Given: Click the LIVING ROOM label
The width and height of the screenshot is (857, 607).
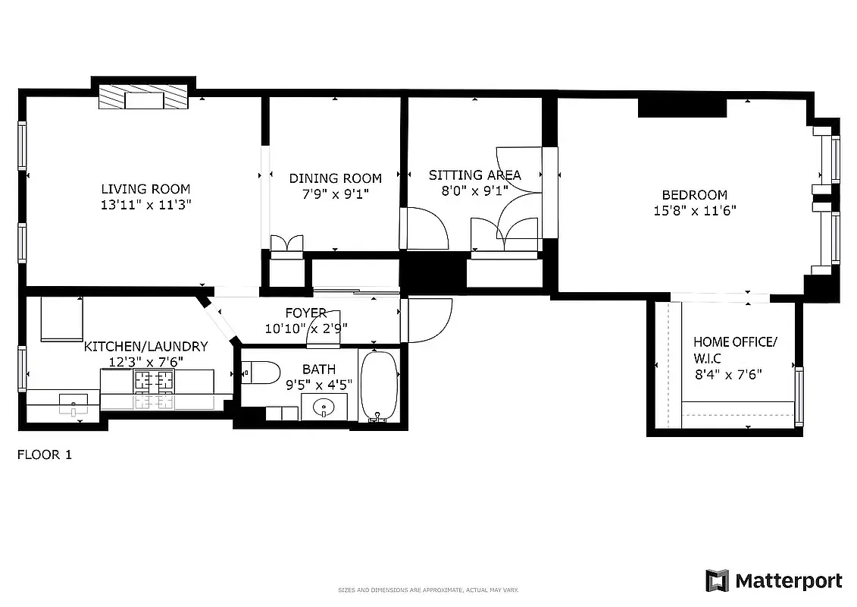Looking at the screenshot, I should click(146, 189).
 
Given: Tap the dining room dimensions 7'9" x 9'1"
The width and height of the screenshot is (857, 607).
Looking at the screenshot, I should click(335, 193).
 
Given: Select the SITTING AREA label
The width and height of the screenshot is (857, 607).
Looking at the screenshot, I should click(474, 175).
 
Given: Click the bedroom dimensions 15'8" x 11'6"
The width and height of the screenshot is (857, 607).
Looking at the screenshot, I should click(695, 211).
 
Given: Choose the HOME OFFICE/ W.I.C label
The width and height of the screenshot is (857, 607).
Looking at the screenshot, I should click(734, 349).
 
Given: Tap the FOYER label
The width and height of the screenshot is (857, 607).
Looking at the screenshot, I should click(305, 313).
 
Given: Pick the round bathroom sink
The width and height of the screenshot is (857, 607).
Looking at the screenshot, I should click(324, 408).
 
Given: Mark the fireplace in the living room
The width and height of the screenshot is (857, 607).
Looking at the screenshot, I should click(144, 99).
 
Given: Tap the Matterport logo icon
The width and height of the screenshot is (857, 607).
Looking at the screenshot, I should click(717, 580).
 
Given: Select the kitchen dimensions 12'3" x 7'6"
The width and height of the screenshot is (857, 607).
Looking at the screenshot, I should click(145, 361).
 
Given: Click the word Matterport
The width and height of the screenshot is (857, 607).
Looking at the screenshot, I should click(788, 581).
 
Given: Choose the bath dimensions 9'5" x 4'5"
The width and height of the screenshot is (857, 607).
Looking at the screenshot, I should click(319, 384).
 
